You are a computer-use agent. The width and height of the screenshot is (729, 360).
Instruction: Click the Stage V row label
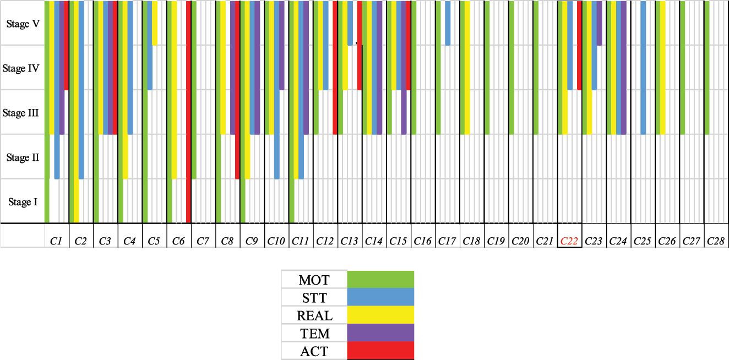pos(22,24)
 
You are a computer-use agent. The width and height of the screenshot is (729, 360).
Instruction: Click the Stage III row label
pos(21,113)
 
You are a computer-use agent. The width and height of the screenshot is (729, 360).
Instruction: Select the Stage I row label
pos(23,202)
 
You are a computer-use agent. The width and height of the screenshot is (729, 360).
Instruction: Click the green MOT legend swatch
pos(380,280)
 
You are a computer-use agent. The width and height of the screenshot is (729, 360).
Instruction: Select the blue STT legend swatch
pos(380,298)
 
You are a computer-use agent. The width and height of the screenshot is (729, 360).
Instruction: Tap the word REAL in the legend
pos(314,315)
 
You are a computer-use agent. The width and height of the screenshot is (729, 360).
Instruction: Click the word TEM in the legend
pos(314,333)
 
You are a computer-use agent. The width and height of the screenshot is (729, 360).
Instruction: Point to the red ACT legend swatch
pos(380,351)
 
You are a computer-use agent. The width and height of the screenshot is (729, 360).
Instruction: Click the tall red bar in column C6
pos(189,110)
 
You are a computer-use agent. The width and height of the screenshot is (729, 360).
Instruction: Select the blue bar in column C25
pos(643,67)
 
